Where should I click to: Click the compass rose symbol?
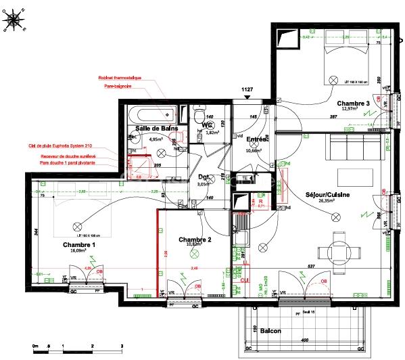[14, 20]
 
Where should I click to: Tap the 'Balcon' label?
[270, 331]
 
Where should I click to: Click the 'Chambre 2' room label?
[195, 240]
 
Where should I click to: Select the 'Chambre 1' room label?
[80, 244]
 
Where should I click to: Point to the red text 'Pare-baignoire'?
[117, 87]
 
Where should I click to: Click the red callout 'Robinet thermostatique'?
[120, 78]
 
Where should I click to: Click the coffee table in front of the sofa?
[354, 177]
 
